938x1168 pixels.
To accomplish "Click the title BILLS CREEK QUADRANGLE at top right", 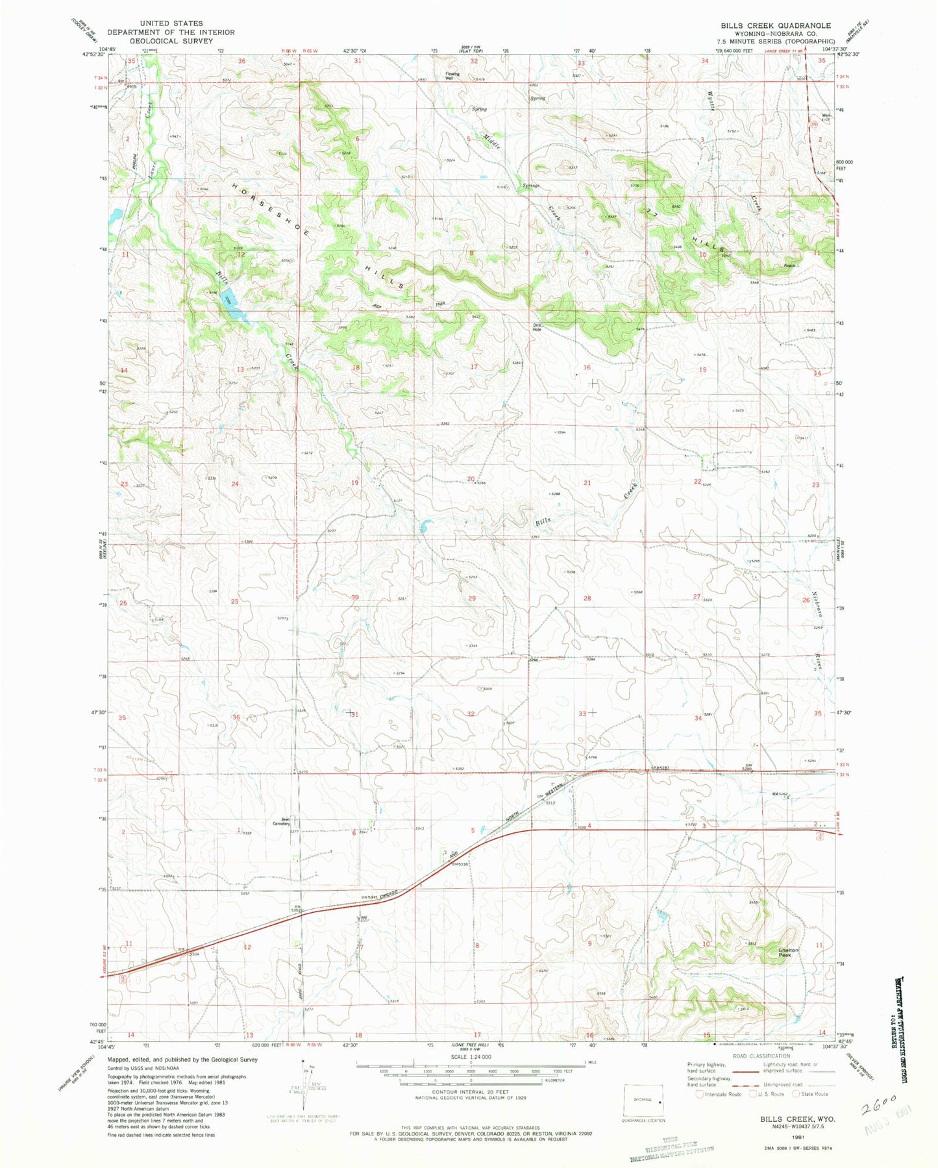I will pyautogui.click(x=775, y=25).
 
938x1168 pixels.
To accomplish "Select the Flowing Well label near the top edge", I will pyautogui.click(x=452, y=75).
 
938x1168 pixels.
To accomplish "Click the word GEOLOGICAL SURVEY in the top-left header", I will pyautogui.click(x=171, y=40).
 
